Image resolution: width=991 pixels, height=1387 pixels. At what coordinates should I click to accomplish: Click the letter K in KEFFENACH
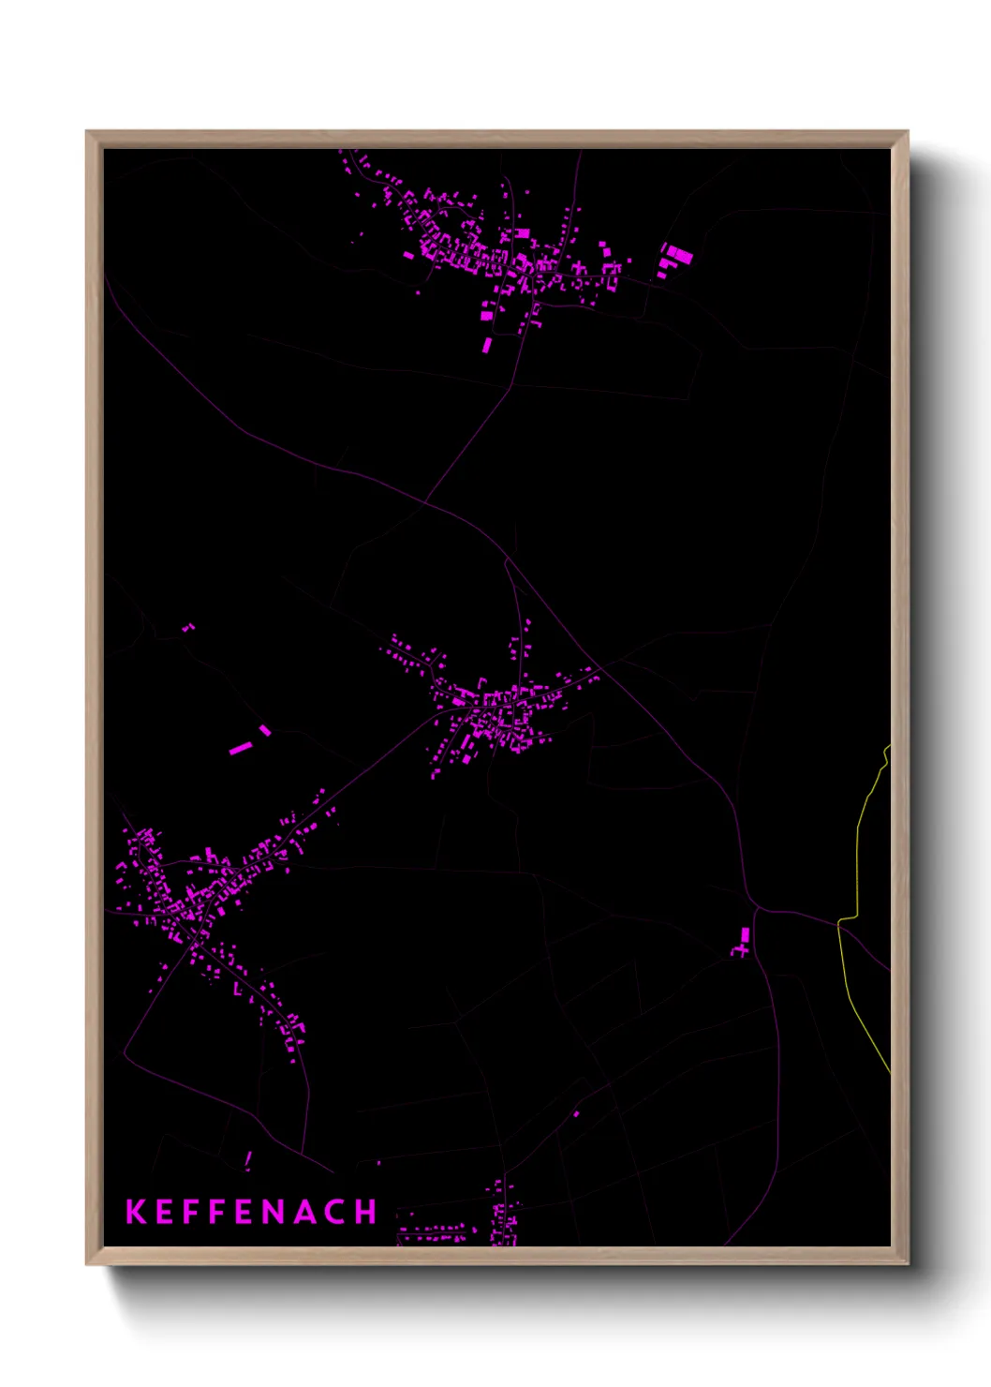[136, 1212]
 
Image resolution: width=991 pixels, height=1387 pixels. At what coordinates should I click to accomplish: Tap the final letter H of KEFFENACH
[365, 1212]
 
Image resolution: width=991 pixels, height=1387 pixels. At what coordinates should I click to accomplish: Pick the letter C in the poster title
[334, 1212]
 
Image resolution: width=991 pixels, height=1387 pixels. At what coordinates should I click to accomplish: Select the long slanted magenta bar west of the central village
[241, 748]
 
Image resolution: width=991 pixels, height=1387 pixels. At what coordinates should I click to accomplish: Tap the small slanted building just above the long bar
[265, 730]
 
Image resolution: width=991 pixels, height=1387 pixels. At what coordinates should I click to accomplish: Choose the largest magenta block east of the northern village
[681, 254]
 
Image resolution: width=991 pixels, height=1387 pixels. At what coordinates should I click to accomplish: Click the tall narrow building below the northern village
[487, 345]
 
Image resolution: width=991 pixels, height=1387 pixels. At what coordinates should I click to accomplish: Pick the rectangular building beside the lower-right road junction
[746, 934]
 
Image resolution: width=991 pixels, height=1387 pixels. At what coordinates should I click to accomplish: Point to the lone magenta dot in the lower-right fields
[576, 1114]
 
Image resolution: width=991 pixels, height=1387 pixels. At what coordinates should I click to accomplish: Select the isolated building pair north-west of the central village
[187, 627]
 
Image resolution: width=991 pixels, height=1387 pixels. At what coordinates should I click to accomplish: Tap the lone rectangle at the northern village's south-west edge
[408, 254]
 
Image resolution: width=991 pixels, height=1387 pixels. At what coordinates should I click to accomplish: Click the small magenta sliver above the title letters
[248, 1160]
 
